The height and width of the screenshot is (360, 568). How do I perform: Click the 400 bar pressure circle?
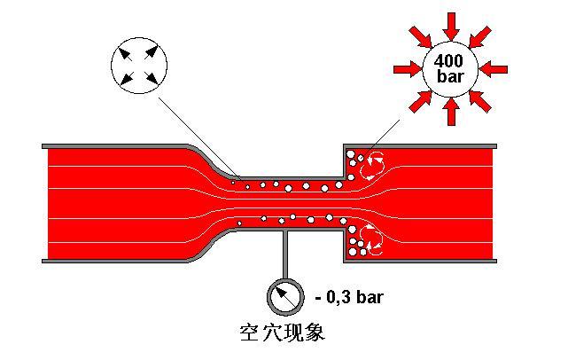coord(451,68)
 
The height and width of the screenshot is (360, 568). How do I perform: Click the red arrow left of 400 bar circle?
coord(407,68)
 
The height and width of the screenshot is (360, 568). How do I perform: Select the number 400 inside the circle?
coord(451,61)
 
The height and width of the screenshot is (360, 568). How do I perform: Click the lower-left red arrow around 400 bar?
coord(419,100)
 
